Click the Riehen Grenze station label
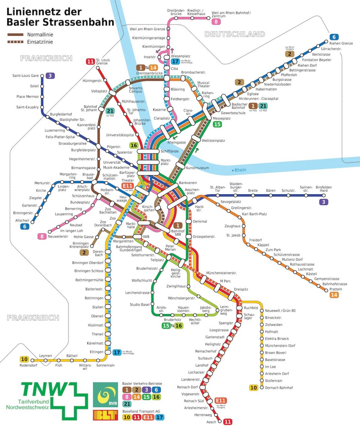(x=341, y=43)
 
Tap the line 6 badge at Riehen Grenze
(x=334, y=37)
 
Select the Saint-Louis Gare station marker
(x=42, y=76)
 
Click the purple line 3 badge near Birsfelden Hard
(x=324, y=202)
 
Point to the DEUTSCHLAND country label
(x=235, y=34)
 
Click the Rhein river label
(x=239, y=170)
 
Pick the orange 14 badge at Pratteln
(x=334, y=295)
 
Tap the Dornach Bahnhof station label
(x=279, y=388)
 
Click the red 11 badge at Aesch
(x=228, y=422)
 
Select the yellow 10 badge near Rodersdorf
(x=24, y=359)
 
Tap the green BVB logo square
(x=106, y=395)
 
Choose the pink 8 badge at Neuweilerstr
(x=42, y=236)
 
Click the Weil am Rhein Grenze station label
(x=147, y=29)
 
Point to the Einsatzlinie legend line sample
(x=16, y=42)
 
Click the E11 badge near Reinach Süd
(x=220, y=401)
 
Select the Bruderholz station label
(x=172, y=320)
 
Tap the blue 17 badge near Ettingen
(x=117, y=352)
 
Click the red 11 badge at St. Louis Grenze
(x=90, y=61)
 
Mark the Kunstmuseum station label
(x=197, y=168)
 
